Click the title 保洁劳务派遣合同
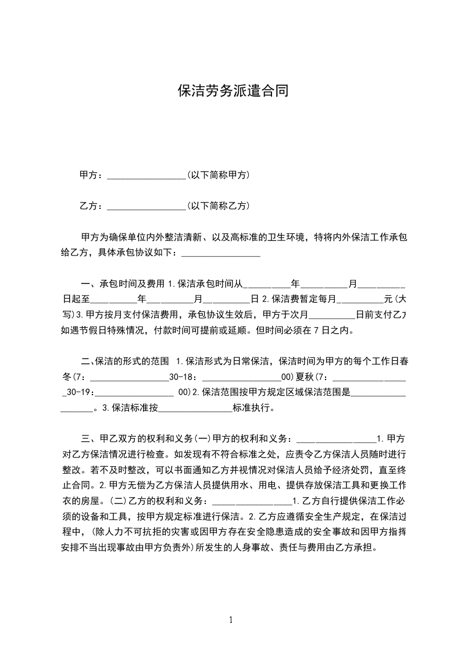233,91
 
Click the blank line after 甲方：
146,175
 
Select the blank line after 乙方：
146,206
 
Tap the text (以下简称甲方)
218,175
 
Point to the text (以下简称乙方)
218,205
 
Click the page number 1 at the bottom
231,620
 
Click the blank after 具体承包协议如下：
221,253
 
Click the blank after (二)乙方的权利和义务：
252,501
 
